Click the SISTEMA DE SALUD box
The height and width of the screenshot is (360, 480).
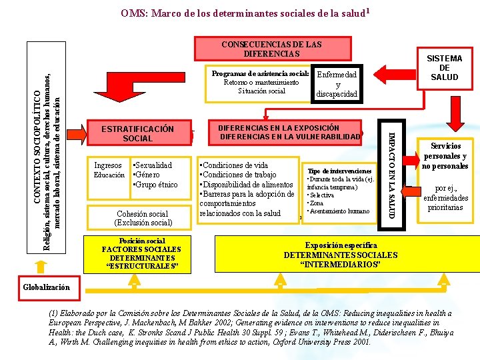pos(444,68)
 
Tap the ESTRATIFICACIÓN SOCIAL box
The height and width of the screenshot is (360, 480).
pos(137,133)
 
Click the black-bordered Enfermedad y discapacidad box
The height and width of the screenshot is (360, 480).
pos(337,85)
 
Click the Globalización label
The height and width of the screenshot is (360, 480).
pos(47,287)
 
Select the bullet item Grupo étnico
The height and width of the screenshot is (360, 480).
pos(155,184)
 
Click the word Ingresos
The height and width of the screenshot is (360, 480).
pos(108,165)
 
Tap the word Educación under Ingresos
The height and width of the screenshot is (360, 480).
pos(109,175)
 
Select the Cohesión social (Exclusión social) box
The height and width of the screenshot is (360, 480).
pos(143,217)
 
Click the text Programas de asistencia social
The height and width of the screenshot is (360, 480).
pos(259,73)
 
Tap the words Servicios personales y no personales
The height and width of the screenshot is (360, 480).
pos(445,156)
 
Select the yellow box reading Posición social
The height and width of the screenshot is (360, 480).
pos(141,254)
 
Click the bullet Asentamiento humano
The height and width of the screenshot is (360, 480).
pos(339,211)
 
